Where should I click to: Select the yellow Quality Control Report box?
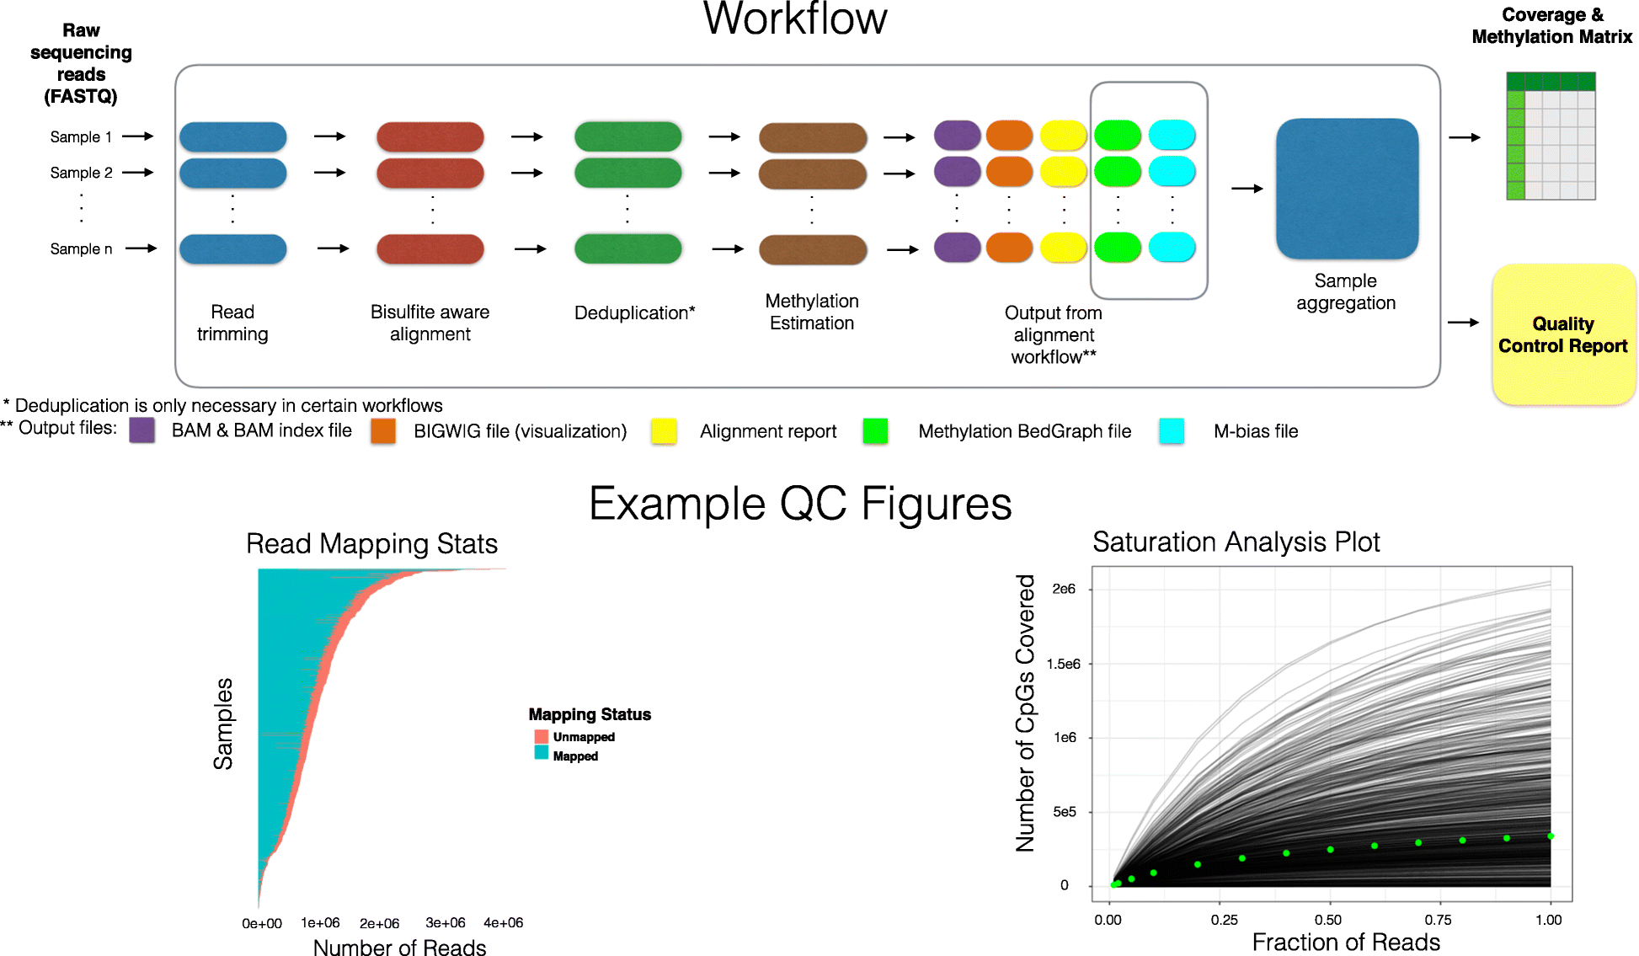(1563, 334)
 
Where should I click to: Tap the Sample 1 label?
(81, 136)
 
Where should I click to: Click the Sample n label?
(81, 248)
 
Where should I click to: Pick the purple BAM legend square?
(141, 430)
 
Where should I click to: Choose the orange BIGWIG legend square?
(383, 430)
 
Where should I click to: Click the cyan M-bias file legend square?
(1172, 430)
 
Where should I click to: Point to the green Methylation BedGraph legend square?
(875, 430)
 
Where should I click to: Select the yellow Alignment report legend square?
(664, 430)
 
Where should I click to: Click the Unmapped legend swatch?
(541, 737)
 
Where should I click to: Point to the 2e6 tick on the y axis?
(1064, 589)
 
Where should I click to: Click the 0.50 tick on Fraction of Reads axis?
(1328, 919)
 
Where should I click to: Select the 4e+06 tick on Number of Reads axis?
(503, 923)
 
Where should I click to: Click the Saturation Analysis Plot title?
(1236, 542)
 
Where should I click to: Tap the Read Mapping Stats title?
(371, 543)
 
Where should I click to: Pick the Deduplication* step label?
(634, 312)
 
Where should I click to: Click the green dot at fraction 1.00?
(1551, 836)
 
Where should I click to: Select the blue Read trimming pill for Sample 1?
(232, 136)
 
